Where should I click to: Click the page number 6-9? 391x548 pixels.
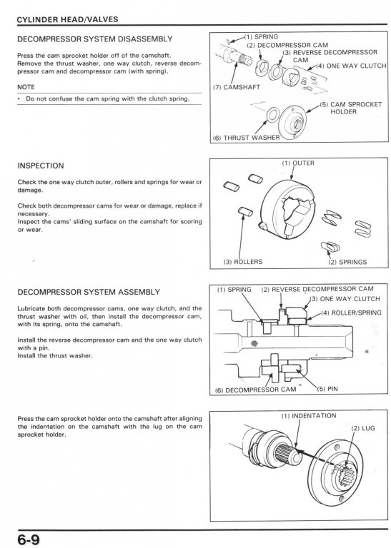[29, 539]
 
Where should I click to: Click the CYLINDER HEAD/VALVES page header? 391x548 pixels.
[68, 19]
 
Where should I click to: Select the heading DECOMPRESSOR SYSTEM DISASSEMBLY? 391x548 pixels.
[95, 39]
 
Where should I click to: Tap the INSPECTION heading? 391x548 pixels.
[41, 166]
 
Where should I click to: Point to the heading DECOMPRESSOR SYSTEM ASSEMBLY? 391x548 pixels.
[89, 292]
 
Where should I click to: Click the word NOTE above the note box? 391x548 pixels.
[26, 87]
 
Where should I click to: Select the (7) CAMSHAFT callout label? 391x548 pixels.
[237, 87]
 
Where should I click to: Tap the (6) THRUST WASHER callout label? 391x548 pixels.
[247, 138]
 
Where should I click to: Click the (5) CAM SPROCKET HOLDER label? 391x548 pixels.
[350, 108]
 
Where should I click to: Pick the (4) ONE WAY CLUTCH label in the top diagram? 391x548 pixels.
[352, 66]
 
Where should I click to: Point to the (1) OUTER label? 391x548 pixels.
[298, 163]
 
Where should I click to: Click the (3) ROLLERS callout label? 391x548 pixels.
[242, 262]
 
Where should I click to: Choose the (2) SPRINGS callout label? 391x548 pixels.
[347, 262]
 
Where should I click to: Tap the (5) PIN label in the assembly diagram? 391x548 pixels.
[327, 389]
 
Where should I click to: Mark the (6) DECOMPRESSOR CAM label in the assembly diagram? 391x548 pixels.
[255, 390]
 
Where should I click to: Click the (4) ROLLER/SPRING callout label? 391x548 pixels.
[352, 313]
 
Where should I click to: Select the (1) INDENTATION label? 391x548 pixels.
[309, 416]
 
